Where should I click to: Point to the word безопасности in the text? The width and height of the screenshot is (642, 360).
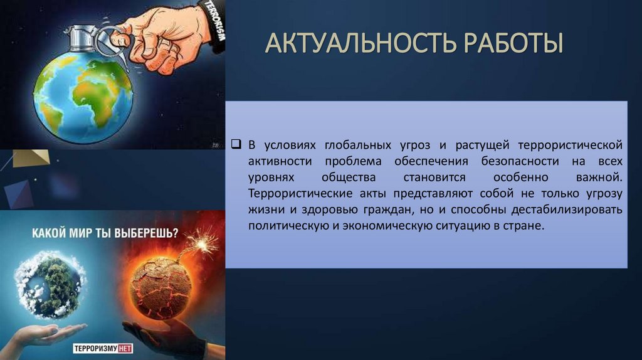tap(520, 161)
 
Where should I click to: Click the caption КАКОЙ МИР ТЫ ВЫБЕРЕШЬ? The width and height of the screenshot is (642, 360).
tap(105, 233)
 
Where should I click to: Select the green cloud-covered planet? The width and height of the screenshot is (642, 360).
tap(49, 284)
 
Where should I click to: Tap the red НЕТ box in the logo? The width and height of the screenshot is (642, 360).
tap(125, 349)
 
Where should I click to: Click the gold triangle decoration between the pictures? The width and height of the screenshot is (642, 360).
tap(31, 158)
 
